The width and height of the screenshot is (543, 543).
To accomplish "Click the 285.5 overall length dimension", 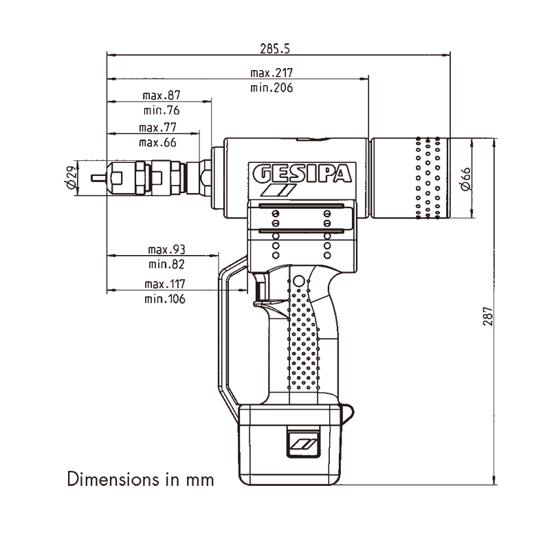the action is tap(275, 49).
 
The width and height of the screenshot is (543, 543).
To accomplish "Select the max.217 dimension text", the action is tap(271, 73).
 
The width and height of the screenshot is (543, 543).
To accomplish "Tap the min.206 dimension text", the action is tap(271, 87).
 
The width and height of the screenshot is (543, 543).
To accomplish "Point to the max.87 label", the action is tap(162, 96).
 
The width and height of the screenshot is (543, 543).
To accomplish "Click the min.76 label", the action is tap(162, 111).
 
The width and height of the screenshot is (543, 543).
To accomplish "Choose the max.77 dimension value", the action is tap(157, 127).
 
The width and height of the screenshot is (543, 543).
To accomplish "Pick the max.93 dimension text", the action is tap(166, 250).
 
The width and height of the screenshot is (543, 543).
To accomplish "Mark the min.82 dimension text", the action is tap(166, 265).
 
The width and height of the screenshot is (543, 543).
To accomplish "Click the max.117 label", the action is tap(165, 284).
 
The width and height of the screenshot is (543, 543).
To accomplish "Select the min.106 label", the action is tap(165, 299).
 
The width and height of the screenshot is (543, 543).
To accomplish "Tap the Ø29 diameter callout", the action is tap(71, 177).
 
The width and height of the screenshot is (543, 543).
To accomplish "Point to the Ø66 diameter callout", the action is tap(466, 179).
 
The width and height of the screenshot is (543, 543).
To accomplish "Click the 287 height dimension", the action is tap(487, 315).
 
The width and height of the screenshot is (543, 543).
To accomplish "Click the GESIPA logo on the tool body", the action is tap(302, 174).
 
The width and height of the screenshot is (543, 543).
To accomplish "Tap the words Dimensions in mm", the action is tap(140, 479).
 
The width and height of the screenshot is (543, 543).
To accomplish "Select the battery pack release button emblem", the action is tap(303, 443).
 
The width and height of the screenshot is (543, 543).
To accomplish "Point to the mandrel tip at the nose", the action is tap(98, 178).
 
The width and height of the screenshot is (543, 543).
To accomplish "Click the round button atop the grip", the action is tap(298, 281).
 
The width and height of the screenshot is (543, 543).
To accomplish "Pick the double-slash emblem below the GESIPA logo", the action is tap(278, 190).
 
